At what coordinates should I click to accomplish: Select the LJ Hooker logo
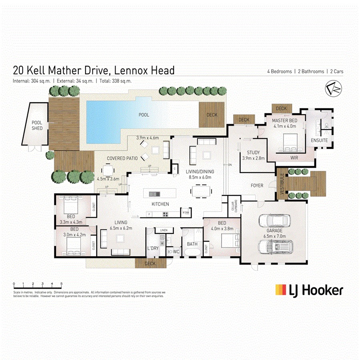pyautogui.click(x=309, y=290)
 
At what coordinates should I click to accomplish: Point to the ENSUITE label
pyautogui.click(x=319, y=140)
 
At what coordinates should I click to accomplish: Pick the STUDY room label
pyautogui.click(x=253, y=152)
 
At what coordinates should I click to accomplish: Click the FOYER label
pyautogui.click(x=257, y=186)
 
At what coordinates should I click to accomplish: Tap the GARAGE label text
pyautogui.click(x=275, y=231)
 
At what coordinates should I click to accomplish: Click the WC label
pyautogui.click(x=176, y=252)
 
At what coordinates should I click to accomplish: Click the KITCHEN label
pyautogui.click(x=160, y=204)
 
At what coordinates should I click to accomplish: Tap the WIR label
pyautogui.click(x=294, y=158)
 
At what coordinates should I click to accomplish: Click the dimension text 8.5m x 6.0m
pyautogui.click(x=202, y=177)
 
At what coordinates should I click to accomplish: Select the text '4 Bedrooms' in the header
pyautogui.click(x=280, y=72)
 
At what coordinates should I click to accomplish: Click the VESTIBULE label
pyautogui.click(x=282, y=184)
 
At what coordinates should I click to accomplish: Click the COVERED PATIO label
pyautogui.click(x=122, y=158)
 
